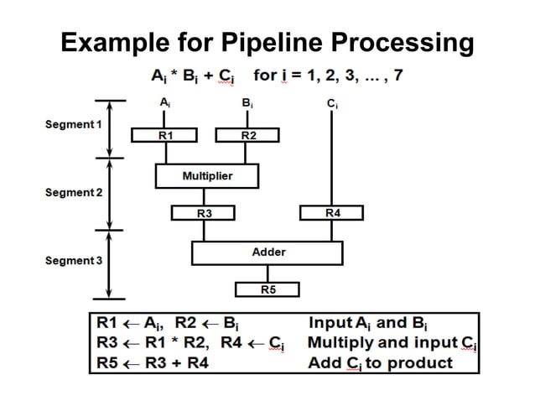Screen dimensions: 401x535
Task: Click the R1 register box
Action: [x=164, y=134]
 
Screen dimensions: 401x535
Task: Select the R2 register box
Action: [x=247, y=134]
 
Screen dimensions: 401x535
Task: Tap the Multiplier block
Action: [x=206, y=176]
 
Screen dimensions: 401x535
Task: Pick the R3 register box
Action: [x=203, y=214]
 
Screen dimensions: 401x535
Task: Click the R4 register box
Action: [x=332, y=214]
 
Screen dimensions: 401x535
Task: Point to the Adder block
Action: [x=267, y=252]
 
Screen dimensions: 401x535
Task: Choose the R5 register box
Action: [x=267, y=289]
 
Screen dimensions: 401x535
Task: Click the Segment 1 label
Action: [x=71, y=125]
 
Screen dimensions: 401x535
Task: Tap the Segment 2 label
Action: [x=71, y=193]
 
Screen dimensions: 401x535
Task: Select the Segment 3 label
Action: [x=71, y=261]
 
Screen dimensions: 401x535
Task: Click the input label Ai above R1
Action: [x=164, y=103]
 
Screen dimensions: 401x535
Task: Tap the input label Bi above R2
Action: [x=247, y=103]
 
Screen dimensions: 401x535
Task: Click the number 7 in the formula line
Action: [x=397, y=76]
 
